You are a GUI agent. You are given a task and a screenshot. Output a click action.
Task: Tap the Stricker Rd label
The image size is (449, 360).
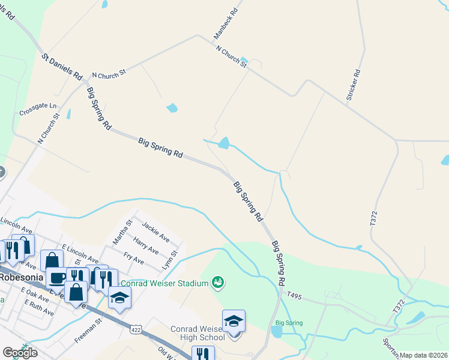[x=353, y=85]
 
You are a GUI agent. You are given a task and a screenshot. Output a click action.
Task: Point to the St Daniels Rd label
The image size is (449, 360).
[x=62, y=67]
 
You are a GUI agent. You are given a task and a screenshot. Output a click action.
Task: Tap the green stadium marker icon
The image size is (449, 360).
[x=218, y=281]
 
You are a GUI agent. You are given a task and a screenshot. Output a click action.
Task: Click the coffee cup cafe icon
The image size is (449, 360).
[x=58, y=278]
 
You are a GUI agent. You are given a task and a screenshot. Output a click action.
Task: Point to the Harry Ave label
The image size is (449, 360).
[x=146, y=246]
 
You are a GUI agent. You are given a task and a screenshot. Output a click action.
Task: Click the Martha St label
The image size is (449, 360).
[x=122, y=232]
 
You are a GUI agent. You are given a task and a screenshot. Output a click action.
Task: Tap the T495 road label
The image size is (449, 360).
[x=294, y=295]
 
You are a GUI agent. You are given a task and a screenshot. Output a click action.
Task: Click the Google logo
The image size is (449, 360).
[x=20, y=352]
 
